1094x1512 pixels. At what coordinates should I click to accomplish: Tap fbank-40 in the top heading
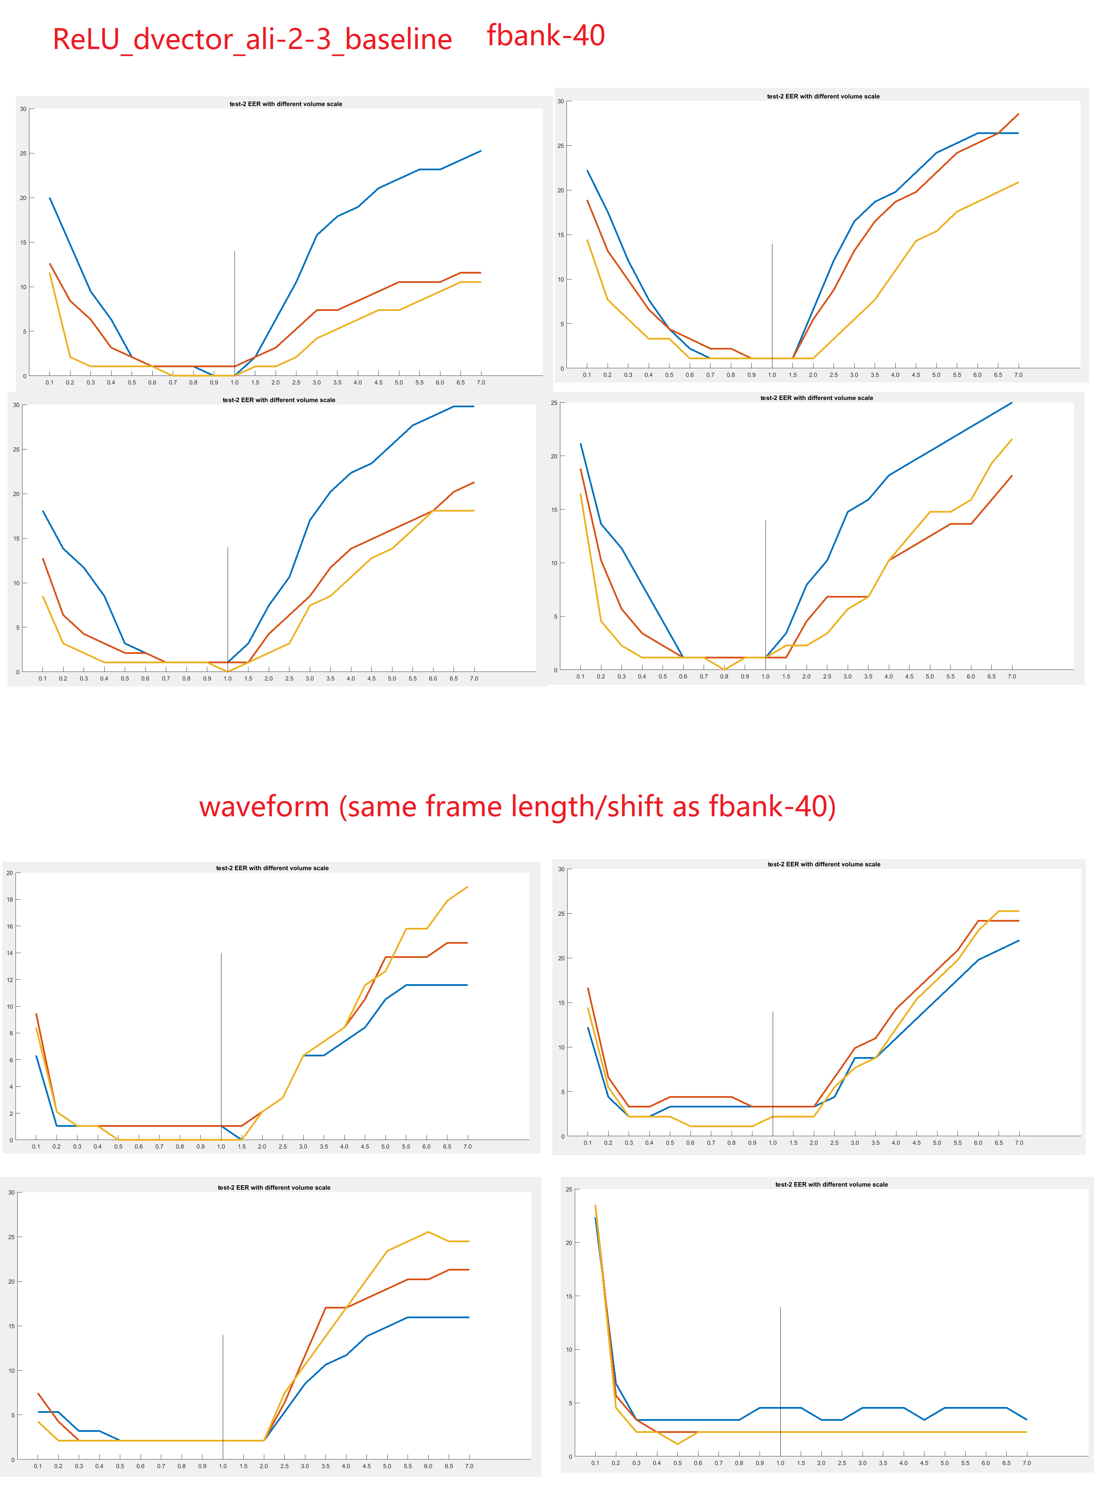tap(545, 35)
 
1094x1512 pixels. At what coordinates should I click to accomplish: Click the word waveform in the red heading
tap(264, 807)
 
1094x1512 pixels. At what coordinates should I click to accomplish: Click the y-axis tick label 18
tap(10, 899)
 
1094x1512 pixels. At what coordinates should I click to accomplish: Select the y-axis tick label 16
tap(10, 926)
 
